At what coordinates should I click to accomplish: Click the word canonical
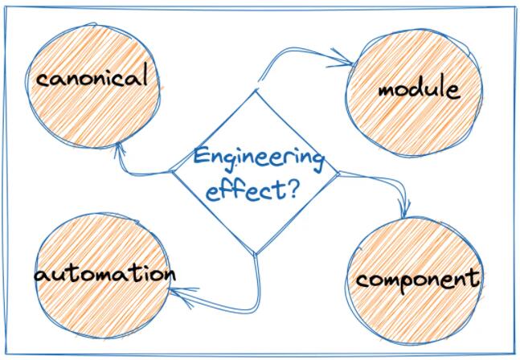(x=92, y=76)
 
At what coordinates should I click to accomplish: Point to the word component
(x=418, y=280)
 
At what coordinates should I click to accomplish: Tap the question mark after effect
(x=291, y=190)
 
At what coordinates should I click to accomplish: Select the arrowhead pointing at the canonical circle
(x=119, y=149)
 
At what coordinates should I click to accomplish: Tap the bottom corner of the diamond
(x=255, y=255)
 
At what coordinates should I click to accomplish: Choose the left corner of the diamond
(x=173, y=171)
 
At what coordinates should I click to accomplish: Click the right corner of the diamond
(x=338, y=173)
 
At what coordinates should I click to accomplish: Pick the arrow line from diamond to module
(x=292, y=49)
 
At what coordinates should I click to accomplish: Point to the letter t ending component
(x=475, y=278)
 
